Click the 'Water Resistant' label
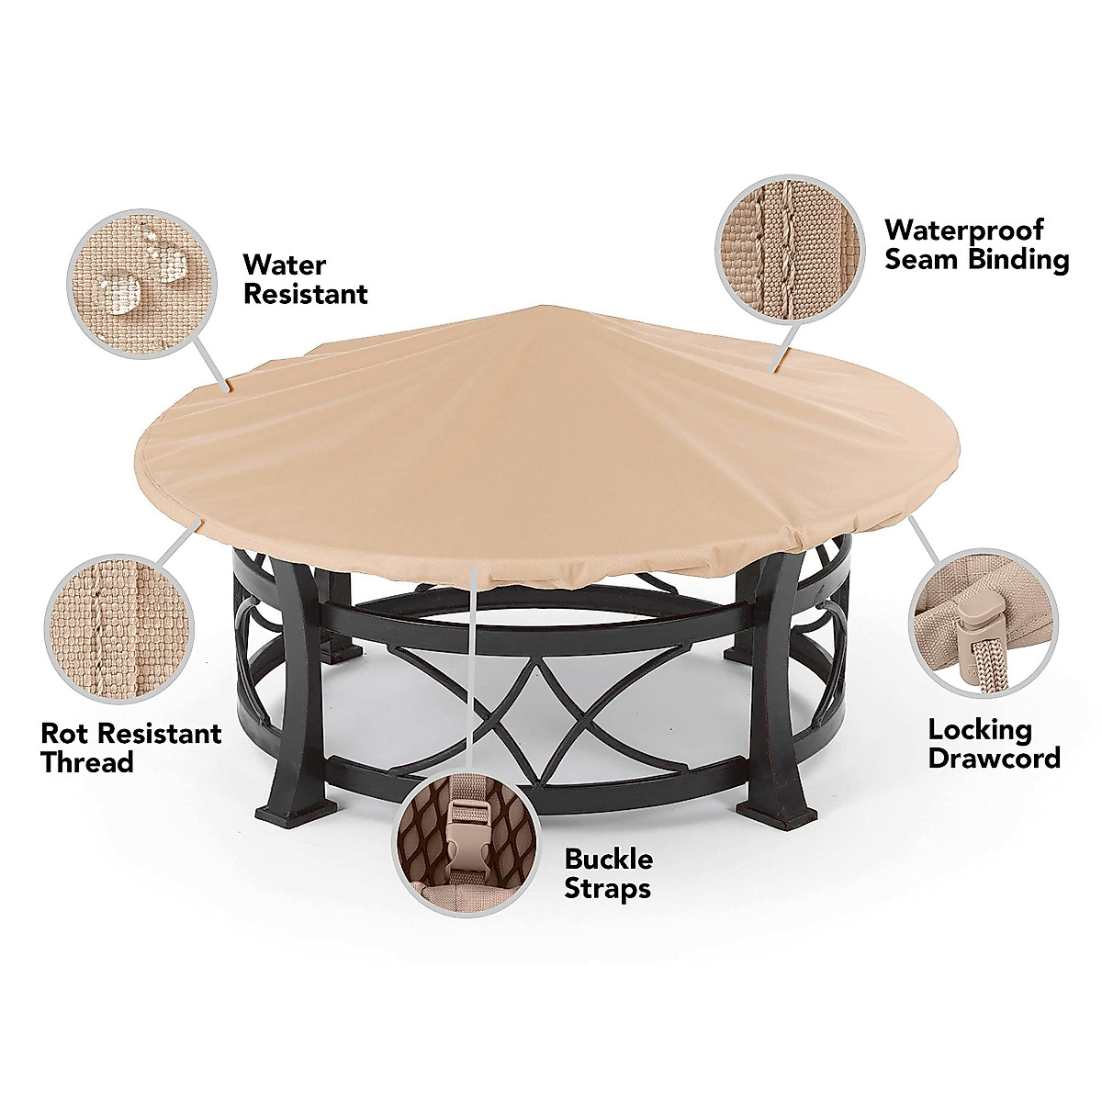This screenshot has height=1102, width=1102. [305, 280]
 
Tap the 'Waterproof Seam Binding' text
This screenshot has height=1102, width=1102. [976, 243]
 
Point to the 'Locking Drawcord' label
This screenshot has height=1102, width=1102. [994, 744]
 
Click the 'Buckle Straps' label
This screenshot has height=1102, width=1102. [608, 873]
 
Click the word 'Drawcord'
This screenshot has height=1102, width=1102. [994, 758]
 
